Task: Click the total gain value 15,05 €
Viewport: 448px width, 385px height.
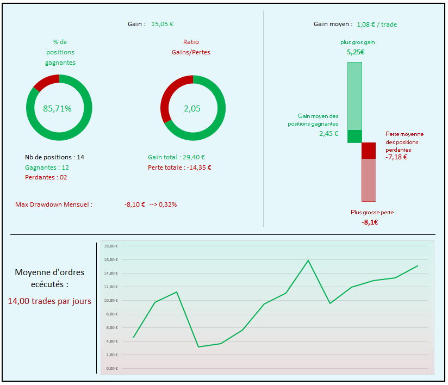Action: (162, 24)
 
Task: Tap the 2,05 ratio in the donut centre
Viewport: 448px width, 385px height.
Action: (192, 108)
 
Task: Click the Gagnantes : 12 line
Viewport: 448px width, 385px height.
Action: (47, 167)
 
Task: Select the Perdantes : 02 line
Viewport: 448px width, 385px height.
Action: (46, 177)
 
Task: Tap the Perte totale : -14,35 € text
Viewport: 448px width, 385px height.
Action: (179, 167)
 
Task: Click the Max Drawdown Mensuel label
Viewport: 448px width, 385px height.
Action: (54, 204)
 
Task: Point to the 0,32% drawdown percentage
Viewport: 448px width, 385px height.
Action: (167, 204)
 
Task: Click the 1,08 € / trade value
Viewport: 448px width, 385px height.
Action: (381, 24)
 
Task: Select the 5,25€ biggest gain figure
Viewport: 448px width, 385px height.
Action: (356, 52)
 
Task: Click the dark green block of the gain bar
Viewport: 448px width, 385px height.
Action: (354, 136)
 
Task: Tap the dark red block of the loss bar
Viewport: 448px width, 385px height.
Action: (369, 151)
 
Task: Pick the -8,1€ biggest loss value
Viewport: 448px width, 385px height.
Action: (370, 222)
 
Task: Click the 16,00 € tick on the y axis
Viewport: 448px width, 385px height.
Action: (111, 259)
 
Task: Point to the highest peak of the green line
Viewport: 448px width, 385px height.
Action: (308, 260)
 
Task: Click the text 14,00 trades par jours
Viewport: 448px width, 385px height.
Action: (49, 301)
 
